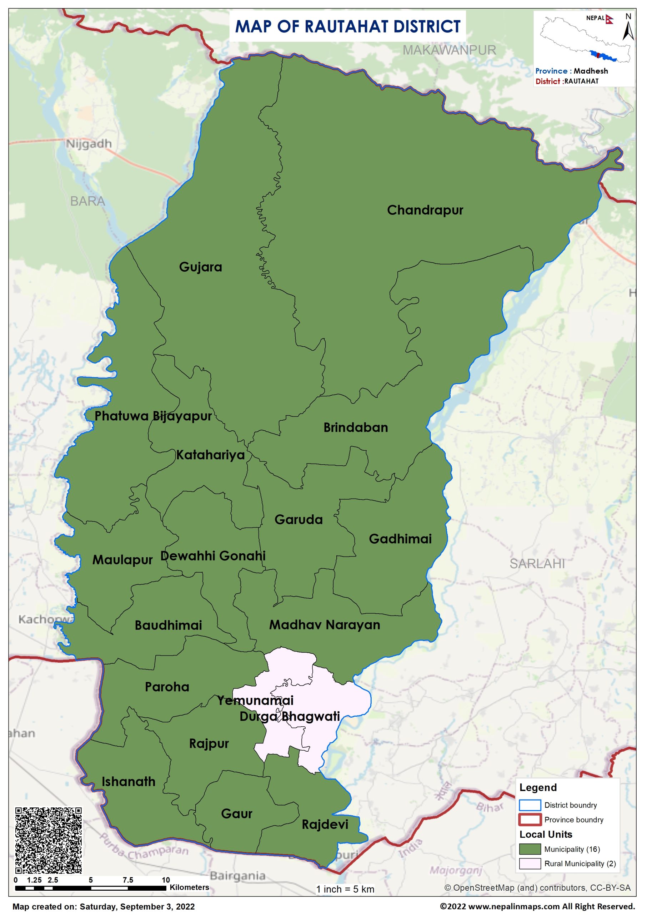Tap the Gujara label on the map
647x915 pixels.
[200, 267]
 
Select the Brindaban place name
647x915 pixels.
[355, 427]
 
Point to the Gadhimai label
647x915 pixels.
[400, 539]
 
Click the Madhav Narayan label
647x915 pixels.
[324, 624]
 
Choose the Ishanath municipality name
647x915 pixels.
[128, 781]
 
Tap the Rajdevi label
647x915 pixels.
[325, 824]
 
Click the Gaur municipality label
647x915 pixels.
[237, 813]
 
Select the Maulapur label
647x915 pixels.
[122, 560]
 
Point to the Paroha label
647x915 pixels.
[167, 687]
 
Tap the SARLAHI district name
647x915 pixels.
[537, 563]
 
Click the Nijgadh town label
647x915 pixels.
[89, 144]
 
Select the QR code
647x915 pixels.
[49, 840]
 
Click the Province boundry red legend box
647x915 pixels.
[530, 819]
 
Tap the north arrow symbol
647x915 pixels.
[628, 28]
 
